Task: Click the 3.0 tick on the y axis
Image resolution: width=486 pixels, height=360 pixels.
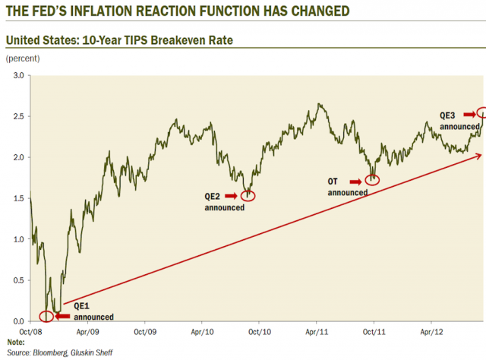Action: (x=18, y=75)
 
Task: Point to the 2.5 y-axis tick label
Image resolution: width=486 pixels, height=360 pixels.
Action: (x=18, y=116)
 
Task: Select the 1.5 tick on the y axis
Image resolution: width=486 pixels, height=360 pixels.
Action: (x=18, y=197)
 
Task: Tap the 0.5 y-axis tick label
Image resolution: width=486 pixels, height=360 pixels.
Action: (x=18, y=279)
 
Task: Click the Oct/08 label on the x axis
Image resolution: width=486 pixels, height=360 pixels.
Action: (x=30, y=331)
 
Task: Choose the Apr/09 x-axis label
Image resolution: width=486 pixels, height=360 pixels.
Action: (x=87, y=331)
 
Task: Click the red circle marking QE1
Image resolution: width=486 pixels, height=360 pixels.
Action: (x=47, y=314)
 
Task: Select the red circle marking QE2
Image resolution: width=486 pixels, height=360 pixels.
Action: (x=248, y=196)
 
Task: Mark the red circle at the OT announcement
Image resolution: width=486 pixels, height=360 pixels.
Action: (x=372, y=181)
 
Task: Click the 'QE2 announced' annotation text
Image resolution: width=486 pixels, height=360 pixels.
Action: (x=225, y=201)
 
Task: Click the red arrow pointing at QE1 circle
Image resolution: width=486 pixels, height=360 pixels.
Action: (x=67, y=315)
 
